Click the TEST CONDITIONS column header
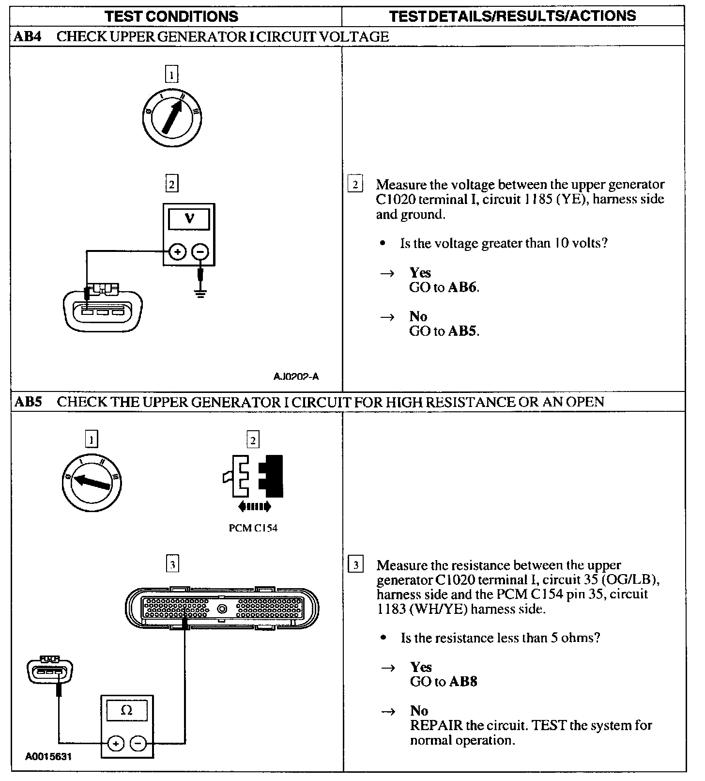point(172,16)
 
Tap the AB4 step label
point(28,37)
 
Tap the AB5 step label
point(28,402)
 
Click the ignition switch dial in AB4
point(172,117)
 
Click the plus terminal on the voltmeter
point(178,252)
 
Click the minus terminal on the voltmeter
point(200,252)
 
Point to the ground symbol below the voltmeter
point(200,293)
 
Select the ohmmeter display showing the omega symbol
point(127,710)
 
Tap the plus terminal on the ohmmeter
point(115,743)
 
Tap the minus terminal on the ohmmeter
point(138,743)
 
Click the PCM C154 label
point(253,528)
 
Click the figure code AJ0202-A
point(296,376)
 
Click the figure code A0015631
point(48,756)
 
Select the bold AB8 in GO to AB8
point(463,682)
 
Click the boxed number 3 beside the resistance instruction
point(356,565)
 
